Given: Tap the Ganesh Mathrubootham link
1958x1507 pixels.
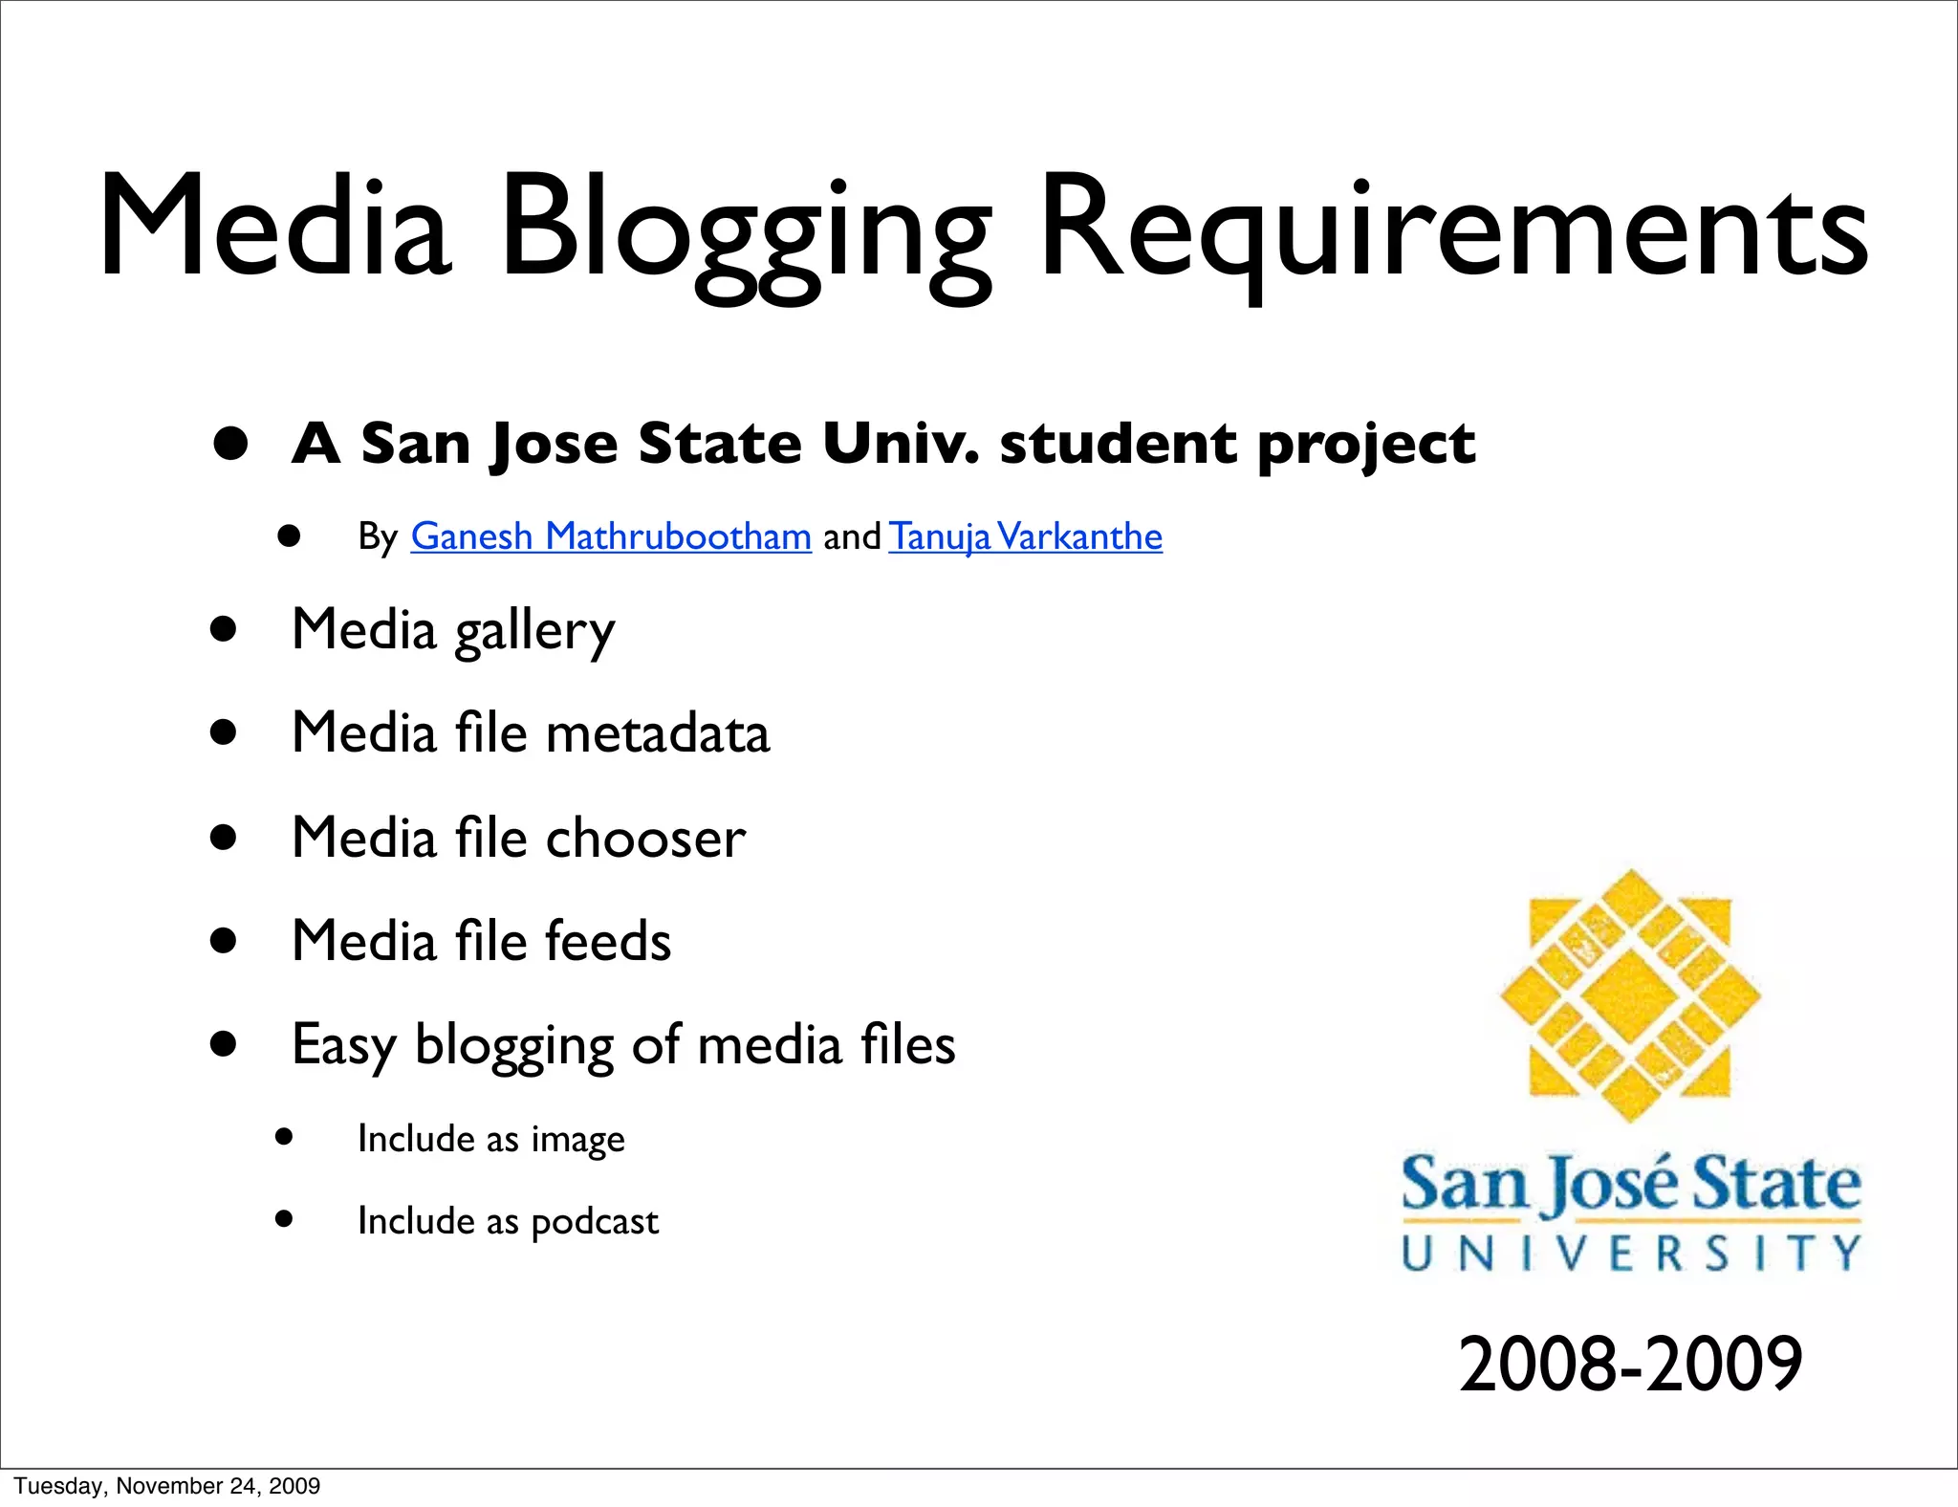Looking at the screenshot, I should coord(611,536).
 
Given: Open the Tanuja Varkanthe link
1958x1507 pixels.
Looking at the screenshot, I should coord(1025,536).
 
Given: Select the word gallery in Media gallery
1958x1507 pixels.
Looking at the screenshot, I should coord(534,632).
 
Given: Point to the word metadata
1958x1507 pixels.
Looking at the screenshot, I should coord(658,733).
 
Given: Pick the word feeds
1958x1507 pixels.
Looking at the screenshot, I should coord(608,941).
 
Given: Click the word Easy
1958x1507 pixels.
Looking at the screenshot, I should coord(342,1045).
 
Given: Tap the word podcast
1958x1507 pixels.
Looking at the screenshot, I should coord(595,1222).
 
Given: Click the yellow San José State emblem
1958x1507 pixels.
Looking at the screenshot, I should coord(1630,995).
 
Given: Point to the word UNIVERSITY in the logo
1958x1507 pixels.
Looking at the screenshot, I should coord(1631,1253).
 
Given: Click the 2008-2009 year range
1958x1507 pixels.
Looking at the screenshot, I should coord(1630,1364).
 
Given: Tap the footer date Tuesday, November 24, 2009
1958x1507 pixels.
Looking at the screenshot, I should coord(167,1486).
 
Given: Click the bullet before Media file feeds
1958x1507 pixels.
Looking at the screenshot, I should coord(224,941).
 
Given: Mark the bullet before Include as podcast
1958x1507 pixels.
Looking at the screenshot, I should coord(283,1218).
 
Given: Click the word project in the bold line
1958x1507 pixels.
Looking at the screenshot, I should coord(1366,446).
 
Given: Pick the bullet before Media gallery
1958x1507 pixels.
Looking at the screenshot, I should coord(224,629).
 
